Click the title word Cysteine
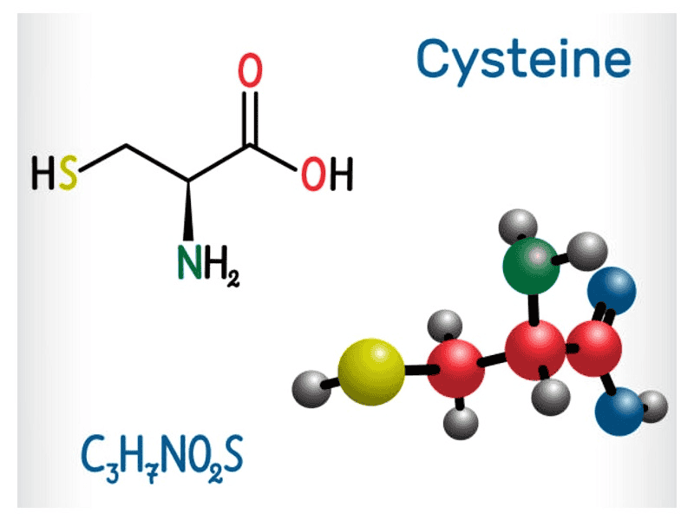tap(522, 59)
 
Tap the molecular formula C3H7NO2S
tap(162, 455)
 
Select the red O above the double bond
tap(250, 72)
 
